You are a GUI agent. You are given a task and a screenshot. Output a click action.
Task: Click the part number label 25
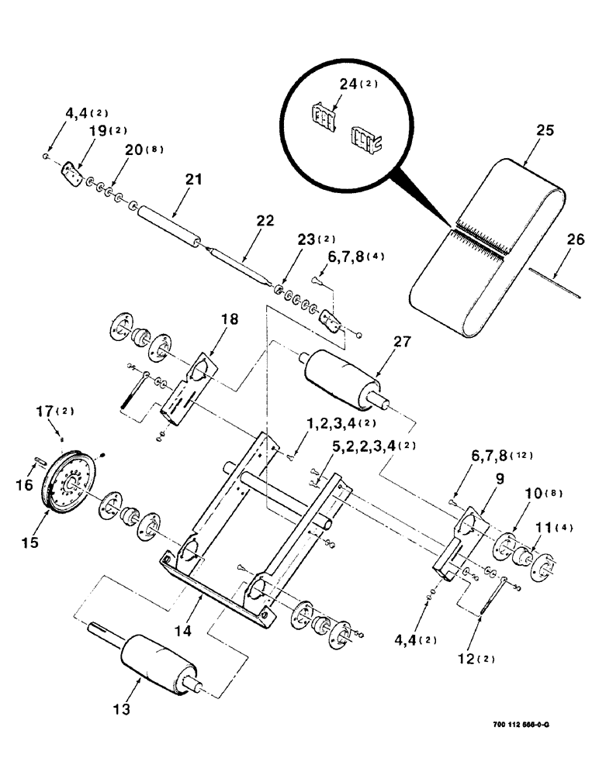pos(545,131)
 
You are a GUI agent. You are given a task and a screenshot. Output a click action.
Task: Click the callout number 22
pos(265,221)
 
